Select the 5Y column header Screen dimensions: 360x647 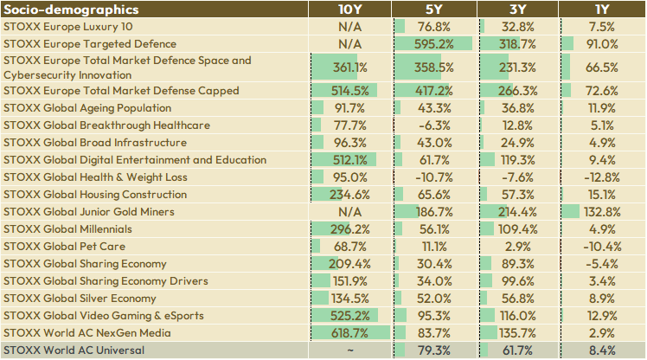[x=433, y=10]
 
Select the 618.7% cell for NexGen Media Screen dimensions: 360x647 [x=349, y=333]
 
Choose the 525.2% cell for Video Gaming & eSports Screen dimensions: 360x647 [x=349, y=316]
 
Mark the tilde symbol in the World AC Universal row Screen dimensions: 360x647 [x=349, y=350]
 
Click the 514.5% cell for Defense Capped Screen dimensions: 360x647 [x=349, y=91]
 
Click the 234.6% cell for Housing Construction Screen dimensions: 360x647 [x=349, y=195]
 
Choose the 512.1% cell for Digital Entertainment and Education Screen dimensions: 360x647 [x=349, y=160]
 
